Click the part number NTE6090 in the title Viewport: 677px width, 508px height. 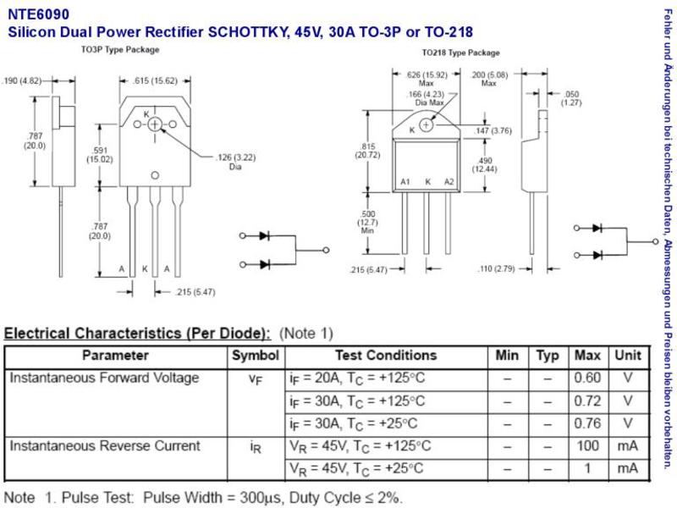click(x=38, y=14)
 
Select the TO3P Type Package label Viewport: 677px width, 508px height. click(x=120, y=50)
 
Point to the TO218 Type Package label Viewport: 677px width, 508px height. click(x=460, y=52)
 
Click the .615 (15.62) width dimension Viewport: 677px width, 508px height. click(x=155, y=80)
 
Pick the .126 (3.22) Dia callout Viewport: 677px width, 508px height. click(x=236, y=162)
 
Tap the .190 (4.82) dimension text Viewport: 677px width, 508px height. click(x=22, y=80)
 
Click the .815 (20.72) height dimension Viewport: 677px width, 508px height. click(x=367, y=151)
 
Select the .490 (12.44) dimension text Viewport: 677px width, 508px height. click(x=484, y=164)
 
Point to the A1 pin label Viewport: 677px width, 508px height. click(x=405, y=182)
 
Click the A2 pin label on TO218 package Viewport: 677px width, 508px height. click(x=449, y=182)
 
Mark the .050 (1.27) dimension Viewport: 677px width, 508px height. click(x=571, y=98)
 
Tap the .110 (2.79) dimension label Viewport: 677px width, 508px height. click(x=496, y=268)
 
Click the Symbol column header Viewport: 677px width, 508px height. click(x=256, y=356)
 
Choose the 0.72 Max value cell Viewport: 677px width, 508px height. click(x=587, y=400)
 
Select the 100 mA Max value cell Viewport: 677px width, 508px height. click(x=587, y=445)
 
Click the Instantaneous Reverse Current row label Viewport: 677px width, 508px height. click(x=105, y=445)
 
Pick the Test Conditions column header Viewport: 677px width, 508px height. click(x=386, y=356)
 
